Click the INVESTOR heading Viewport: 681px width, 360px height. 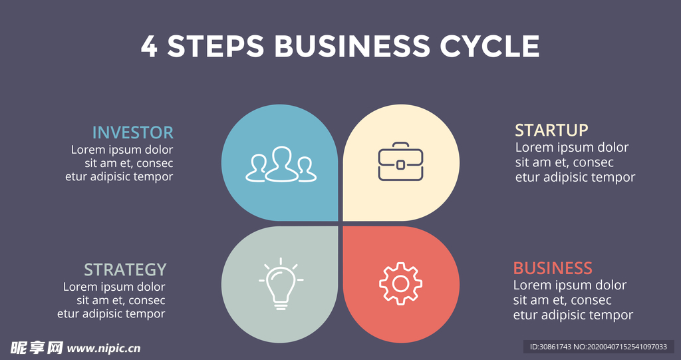(x=132, y=132)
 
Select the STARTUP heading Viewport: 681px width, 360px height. (x=551, y=130)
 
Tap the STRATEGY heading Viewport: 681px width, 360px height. (x=125, y=270)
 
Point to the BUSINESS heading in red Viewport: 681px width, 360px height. (x=552, y=268)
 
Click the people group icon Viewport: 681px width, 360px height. (x=281, y=164)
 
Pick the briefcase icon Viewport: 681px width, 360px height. (x=400, y=162)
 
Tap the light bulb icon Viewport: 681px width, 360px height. (x=281, y=283)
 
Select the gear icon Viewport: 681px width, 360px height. (x=400, y=283)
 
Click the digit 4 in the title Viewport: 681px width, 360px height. (x=149, y=47)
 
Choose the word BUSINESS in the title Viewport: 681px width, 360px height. (x=352, y=47)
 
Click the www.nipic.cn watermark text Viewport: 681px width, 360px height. (x=104, y=347)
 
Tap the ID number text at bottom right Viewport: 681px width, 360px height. (x=598, y=347)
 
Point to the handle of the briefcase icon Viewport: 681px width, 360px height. (x=400, y=145)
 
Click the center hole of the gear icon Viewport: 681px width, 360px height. (x=400, y=284)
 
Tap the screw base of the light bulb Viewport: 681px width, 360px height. (x=281, y=304)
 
